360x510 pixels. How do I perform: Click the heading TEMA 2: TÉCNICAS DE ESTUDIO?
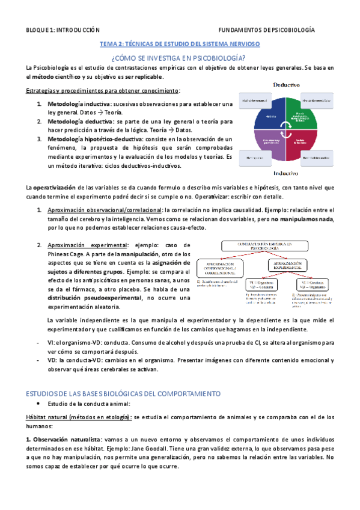coord(179,44)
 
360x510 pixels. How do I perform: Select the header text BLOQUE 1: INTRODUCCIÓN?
coord(59,29)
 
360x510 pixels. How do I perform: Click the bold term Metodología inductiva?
coord(74,105)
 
